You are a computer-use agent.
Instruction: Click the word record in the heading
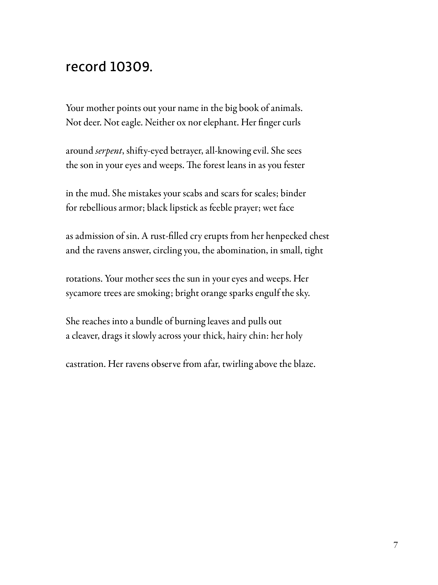[x=86, y=66]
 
